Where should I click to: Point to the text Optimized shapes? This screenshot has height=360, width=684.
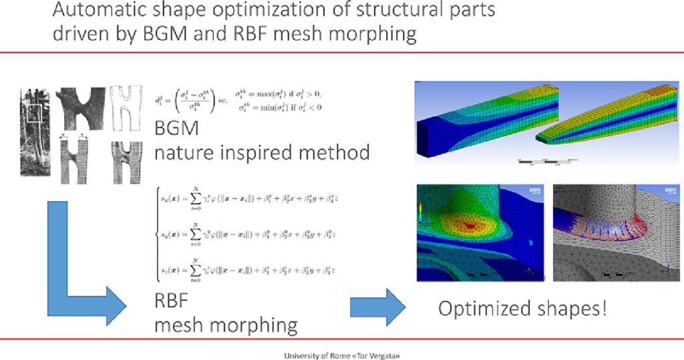522,309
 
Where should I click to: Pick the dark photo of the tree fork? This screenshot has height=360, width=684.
81,108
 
